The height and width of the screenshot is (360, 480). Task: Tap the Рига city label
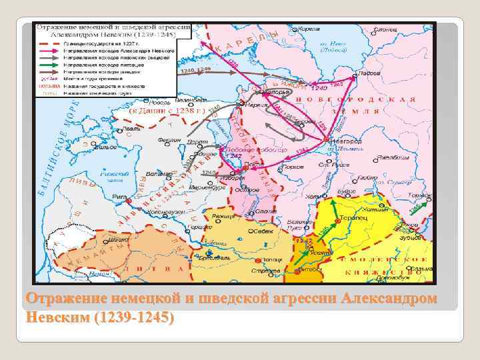pyautogui.click(x=120, y=197)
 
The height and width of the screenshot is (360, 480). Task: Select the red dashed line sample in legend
pyautogui.click(x=47, y=43)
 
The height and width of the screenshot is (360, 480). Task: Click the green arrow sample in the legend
pyautogui.click(x=47, y=65)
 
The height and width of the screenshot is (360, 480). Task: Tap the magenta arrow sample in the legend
pyautogui.click(x=47, y=51)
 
